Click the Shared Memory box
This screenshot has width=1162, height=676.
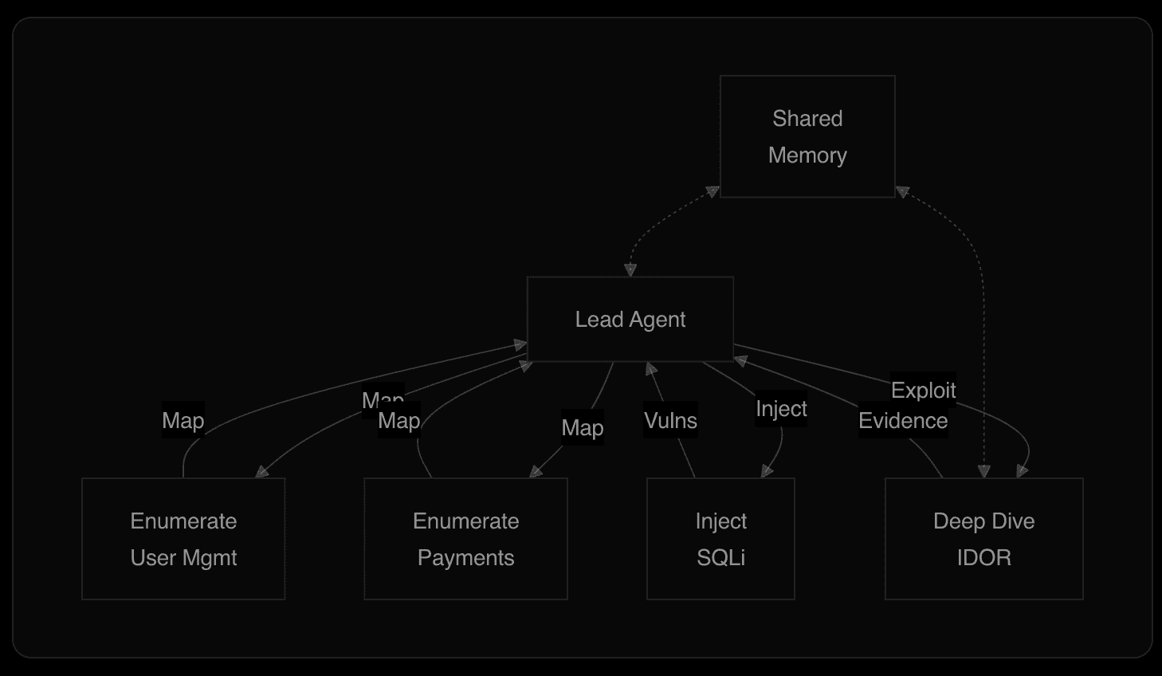coord(807,136)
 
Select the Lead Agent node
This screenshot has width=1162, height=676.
coord(630,319)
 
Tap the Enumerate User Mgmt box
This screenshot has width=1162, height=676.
coord(183,539)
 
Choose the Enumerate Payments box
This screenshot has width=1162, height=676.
coord(465,539)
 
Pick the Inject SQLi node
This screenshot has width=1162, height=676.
coord(720,539)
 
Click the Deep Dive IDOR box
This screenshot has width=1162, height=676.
coord(983,539)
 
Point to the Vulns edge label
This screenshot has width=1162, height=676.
coord(670,421)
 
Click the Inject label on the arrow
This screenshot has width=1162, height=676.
coord(781,409)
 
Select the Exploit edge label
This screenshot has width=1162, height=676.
coord(923,390)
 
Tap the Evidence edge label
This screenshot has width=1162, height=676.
coord(902,421)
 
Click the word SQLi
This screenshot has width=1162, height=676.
coord(720,558)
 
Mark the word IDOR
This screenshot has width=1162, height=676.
coord(983,558)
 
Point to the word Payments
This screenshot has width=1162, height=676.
coord(465,558)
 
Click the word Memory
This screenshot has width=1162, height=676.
coord(807,155)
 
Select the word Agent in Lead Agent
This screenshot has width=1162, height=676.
coord(658,320)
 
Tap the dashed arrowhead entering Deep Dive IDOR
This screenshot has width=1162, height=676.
coord(984,471)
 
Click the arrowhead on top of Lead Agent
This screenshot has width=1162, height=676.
coord(630,270)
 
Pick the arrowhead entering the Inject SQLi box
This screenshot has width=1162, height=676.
coord(766,472)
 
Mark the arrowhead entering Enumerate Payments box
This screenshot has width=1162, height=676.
coord(536,472)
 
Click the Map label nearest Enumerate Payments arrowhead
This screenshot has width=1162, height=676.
coord(582,428)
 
